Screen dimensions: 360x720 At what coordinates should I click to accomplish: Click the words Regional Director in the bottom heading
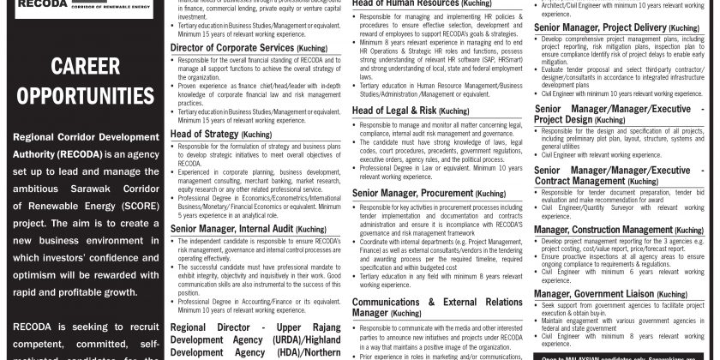click(x=206, y=327)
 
